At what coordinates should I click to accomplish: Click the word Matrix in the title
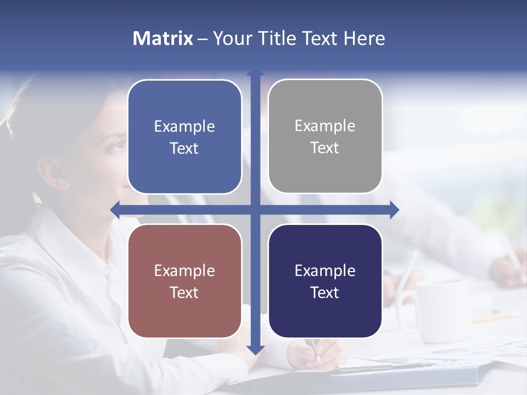[162, 38]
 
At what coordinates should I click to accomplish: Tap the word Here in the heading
[364, 38]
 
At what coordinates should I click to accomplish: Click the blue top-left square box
[184, 137]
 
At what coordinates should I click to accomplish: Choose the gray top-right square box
[325, 136]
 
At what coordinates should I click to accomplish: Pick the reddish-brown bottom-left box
[184, 281]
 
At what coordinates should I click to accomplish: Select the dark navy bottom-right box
[325, 281]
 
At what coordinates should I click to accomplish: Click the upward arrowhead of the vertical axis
[255, 73]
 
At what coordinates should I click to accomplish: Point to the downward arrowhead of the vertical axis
[255, 350]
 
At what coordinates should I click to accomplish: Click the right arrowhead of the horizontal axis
[394, 210]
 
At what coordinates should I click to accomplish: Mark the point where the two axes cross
[255, 210]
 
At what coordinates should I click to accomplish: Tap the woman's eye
[116, 147]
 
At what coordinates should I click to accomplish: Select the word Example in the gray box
[325, 126]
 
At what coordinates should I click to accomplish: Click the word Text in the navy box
[325, 292]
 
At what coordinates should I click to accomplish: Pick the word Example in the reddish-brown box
[184, 270]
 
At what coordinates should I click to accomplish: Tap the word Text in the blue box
[184, 148]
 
